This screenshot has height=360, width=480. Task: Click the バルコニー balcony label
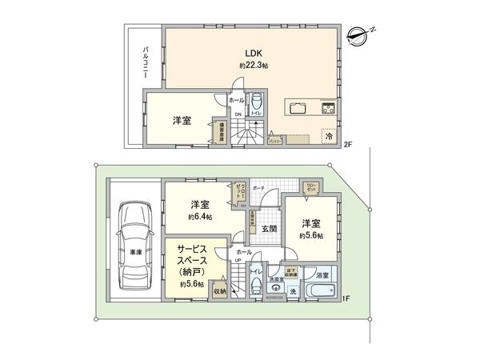coord(146,64)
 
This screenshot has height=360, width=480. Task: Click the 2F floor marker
coord(349,146)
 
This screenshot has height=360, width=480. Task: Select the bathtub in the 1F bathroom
coord(323,289)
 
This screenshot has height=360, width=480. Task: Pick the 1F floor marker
coord(346,298)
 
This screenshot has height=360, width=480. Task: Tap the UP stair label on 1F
coord(238,260)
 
